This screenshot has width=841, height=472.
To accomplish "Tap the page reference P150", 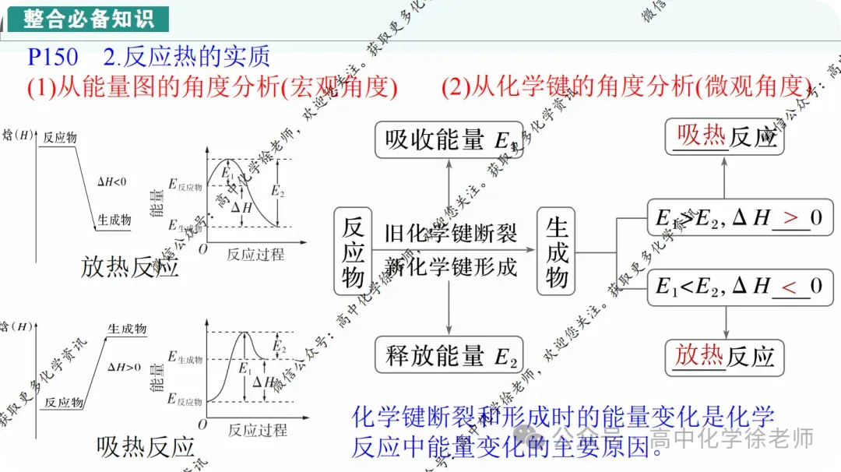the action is (x=53, y=58).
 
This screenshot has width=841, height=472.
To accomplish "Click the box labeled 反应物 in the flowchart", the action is (x=353, y=251).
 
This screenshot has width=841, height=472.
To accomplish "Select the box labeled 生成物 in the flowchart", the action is (x=557, y=251).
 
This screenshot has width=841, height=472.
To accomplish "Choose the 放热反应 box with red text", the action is (x=725, y=357).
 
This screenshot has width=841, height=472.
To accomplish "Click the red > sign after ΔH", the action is (x=790, y=219).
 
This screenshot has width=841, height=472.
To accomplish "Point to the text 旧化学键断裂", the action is (x=451, y=233).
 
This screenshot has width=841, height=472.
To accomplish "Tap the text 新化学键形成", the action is (x=451, y=267).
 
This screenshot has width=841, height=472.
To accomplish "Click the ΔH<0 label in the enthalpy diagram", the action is (x=111, y=181).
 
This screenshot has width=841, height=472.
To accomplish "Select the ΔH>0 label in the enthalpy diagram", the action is (x=125, y=367).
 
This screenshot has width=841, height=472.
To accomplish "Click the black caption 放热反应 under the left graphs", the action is (x=130, y=267).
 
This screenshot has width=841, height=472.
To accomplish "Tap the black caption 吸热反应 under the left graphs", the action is (x=146, y=446).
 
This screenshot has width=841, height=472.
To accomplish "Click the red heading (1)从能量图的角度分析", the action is (x=213, y=87).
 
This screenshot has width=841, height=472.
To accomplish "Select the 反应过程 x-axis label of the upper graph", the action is (x=255, y=254).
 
